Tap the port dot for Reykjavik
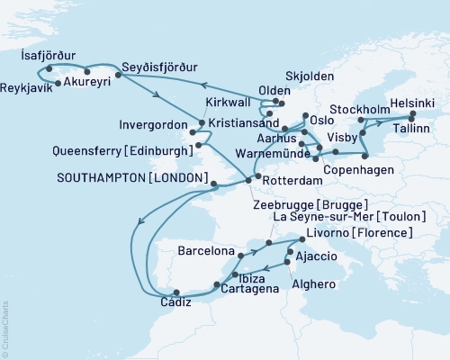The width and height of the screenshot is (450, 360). [57, 84]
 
